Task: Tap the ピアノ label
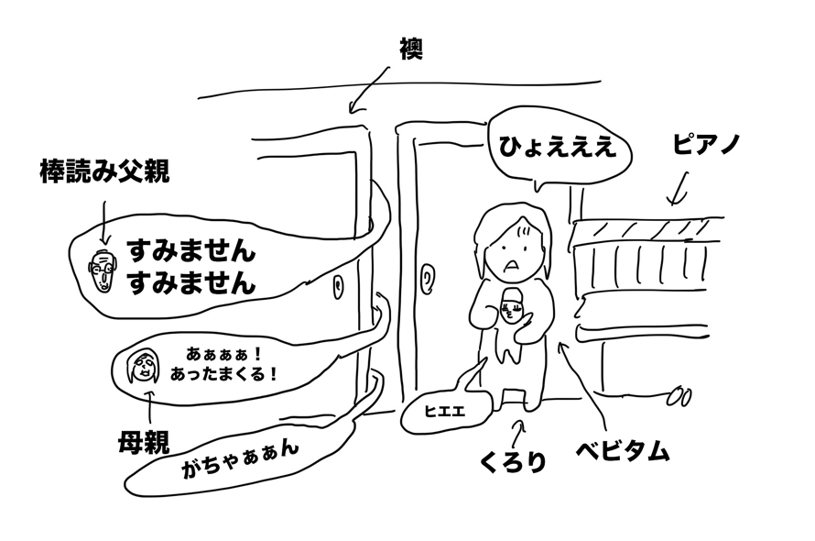[x=704, y=145]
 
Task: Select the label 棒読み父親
[x=103, y=171]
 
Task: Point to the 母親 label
[x=144, y=442]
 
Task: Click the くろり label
[x=514, y=461]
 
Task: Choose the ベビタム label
[x=623, y=451]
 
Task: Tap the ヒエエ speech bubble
[x=444, y=413]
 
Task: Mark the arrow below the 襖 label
[x=364, y=95]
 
